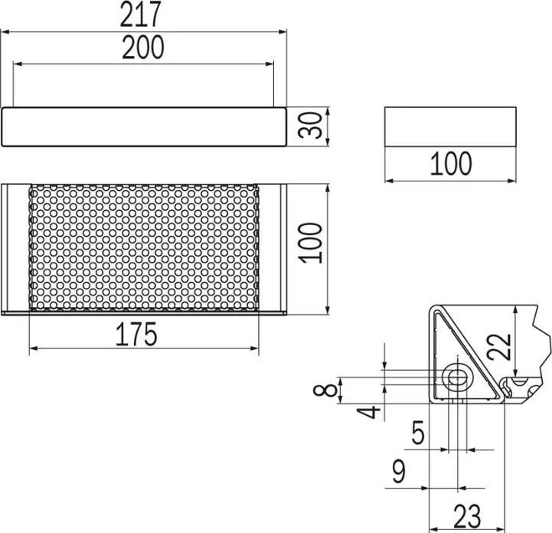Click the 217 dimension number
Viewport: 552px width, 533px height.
[x=140, y=14]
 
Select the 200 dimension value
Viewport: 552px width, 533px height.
[x=143, y=47]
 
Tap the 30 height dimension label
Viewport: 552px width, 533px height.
[x=310, y=125]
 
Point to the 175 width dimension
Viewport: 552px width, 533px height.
[x=136, y=334]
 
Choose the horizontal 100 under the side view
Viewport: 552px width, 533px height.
[x=451, y=163]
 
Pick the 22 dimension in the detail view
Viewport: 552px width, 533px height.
[x=499, y=346]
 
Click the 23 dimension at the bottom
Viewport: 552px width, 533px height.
[x=467, y=516]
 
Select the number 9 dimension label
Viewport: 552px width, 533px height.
[x=399, y=471]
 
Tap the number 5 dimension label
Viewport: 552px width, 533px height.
[x=418, y=433]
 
